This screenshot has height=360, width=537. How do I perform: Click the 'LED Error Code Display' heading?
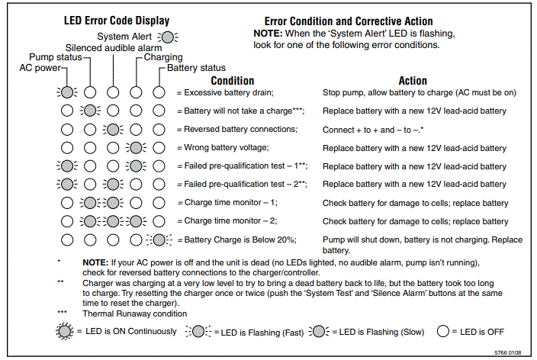tap(116, 21)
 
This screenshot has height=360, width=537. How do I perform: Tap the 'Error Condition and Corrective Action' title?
tap(349, 21)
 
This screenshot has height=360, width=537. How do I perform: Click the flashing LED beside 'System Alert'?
tap(167, 36)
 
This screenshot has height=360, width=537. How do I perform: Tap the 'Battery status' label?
tap(191, 68)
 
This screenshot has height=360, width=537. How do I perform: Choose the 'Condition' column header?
tap(232, 81)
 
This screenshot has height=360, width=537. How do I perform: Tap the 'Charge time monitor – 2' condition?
tap(230, 221)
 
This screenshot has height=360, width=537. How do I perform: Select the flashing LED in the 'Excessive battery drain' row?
tap(67, 92)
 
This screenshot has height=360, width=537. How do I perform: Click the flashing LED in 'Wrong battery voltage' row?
tap(136, 147)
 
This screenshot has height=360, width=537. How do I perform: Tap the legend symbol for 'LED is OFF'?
tap(442, 332)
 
